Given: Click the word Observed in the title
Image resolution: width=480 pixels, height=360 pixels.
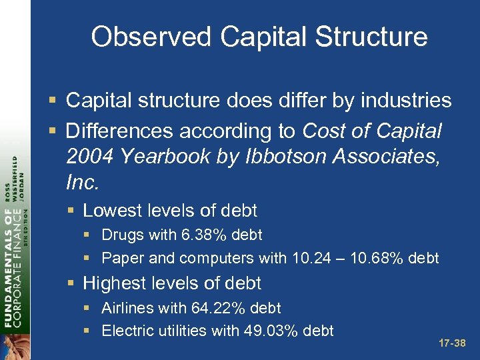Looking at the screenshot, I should (148, 37).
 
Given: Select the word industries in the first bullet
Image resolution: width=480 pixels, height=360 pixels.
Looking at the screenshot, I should (406, 101).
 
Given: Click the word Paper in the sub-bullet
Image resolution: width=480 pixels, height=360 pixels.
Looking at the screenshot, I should (121, 257).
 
